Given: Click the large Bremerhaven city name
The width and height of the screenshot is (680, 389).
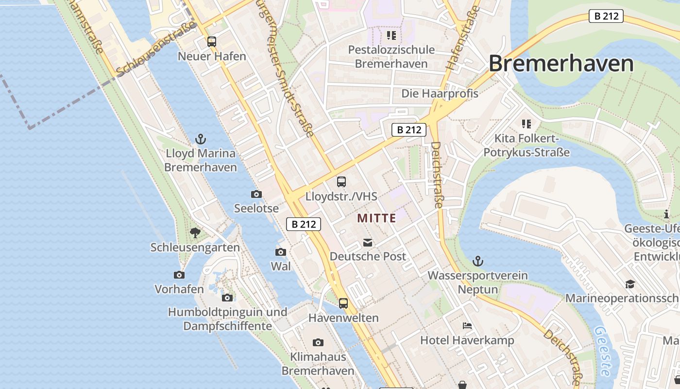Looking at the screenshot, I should (561, 64).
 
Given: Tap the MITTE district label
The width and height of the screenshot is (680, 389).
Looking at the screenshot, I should (376, 218).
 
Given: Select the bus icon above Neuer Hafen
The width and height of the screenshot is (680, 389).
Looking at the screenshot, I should (212, 42).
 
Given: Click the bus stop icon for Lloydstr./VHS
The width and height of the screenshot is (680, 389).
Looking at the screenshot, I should (341, 182).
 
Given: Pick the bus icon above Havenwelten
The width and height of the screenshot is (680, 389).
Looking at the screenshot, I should (343, 303).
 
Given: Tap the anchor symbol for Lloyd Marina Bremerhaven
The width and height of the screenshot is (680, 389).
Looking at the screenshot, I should (201, 140).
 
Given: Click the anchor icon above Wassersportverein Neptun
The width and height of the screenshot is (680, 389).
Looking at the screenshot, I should (478, 262).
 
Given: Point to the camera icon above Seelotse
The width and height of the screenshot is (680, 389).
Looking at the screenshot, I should (256, 194).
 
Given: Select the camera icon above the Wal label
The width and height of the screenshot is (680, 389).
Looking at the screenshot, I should (281, 252).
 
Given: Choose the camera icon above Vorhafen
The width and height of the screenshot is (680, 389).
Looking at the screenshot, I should (179, 275).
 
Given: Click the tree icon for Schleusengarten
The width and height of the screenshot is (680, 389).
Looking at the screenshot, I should (195, 233).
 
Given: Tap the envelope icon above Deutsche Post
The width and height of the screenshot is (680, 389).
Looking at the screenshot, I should (368, 242).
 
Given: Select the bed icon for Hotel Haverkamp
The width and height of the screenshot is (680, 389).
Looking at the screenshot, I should (467, 326).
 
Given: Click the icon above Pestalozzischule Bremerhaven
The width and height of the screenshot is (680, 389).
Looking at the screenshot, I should (391, 35).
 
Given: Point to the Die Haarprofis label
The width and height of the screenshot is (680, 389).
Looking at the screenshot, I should (440, 93).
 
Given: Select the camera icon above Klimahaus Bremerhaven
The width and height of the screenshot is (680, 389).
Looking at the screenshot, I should (318, 343).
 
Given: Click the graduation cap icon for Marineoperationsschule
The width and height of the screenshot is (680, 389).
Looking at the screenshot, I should (630, 284).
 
